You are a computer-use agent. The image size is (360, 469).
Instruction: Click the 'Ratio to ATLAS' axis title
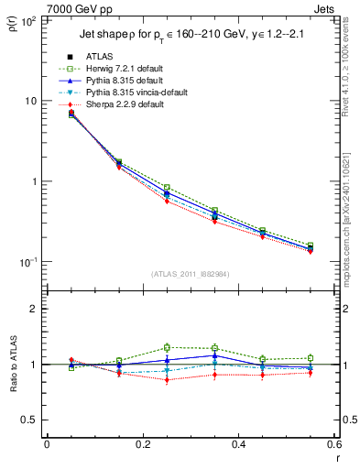12,365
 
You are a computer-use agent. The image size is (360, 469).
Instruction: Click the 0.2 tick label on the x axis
143,445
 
